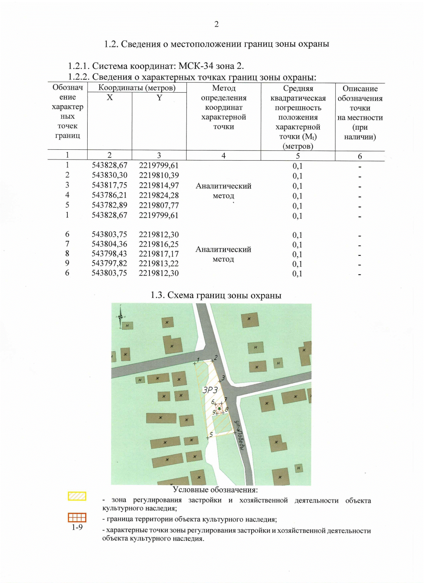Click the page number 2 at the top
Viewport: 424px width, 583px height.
[x=217, y=24]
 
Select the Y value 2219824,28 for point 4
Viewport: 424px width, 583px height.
[x=159, y=195]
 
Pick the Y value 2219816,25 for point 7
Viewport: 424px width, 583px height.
[x=159, y=244]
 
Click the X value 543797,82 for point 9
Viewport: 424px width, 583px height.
[x=109, y=264]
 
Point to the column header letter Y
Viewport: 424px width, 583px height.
[x=159, y=98]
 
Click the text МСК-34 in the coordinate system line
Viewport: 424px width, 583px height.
[x=196, y=66]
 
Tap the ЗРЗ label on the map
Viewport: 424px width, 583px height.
[x=210, y=390]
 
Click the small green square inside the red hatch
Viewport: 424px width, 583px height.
[x=219, y=409]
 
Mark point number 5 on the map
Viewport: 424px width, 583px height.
[x=211, y=435]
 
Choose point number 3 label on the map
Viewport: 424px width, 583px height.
[x=223, y=378]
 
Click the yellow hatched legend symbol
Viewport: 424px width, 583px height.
[x=77, y=496]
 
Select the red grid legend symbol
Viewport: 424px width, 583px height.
[x=77, y=518]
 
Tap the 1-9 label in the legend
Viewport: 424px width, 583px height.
[x=77, y=527]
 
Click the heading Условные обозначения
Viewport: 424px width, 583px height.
[x=215, y=490]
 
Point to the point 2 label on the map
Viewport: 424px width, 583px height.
[x=216, y=358]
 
